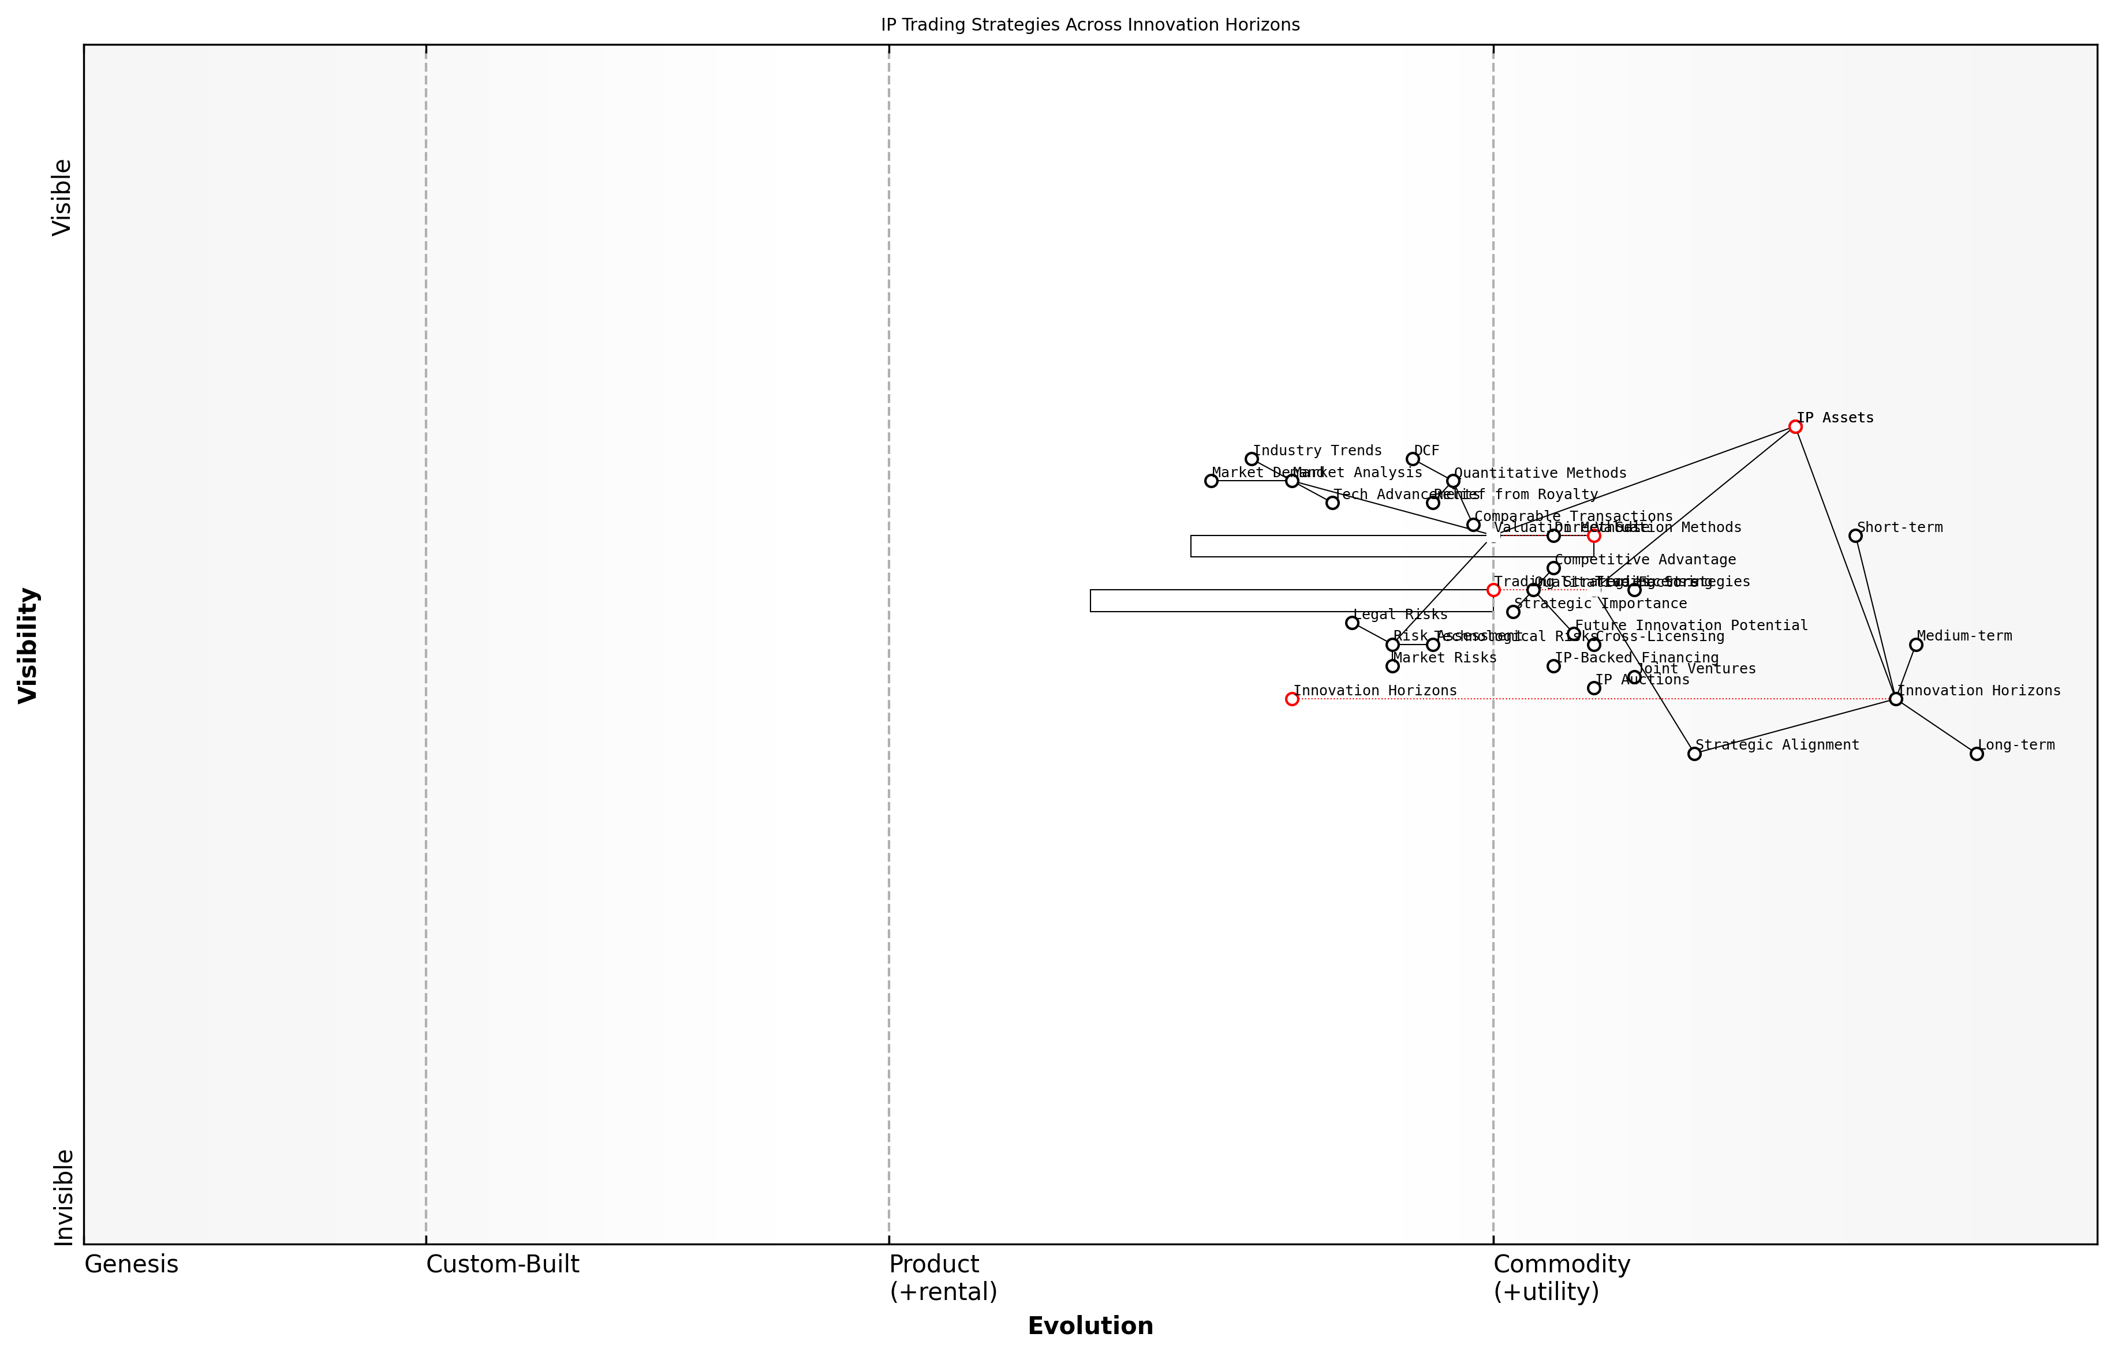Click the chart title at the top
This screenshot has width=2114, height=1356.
point(1089,25)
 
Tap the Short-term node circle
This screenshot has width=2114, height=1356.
point(1855,536)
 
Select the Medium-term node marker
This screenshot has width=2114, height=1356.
point(1916,646)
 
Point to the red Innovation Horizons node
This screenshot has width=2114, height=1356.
point(1291,699)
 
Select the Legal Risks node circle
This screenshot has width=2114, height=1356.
point(1352,623)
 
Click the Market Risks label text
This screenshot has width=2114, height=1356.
point(1444,658)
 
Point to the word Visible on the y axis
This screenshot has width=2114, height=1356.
point(62,197)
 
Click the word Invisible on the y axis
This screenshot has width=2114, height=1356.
point(64,1197)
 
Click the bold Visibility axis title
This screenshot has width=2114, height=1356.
point(28,646)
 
